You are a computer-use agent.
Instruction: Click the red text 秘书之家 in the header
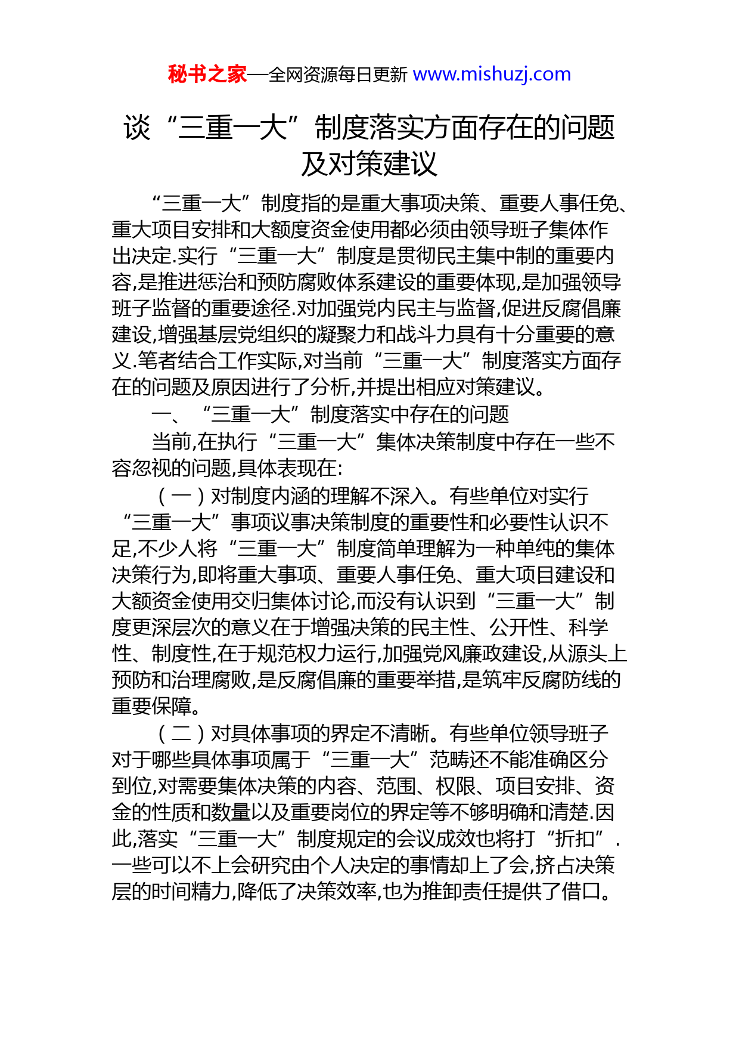(207, 75)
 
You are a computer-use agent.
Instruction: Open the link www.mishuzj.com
(492, 75)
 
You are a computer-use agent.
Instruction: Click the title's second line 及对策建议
(369, 164)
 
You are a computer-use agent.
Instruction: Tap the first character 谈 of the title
(136, 128)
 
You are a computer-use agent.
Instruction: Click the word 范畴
(449, 759)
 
